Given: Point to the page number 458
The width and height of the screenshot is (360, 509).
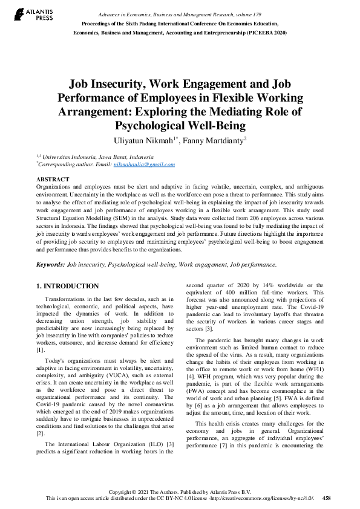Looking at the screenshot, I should point(327,498).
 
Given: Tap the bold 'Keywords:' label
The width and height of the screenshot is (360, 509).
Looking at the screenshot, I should point(50,264).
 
